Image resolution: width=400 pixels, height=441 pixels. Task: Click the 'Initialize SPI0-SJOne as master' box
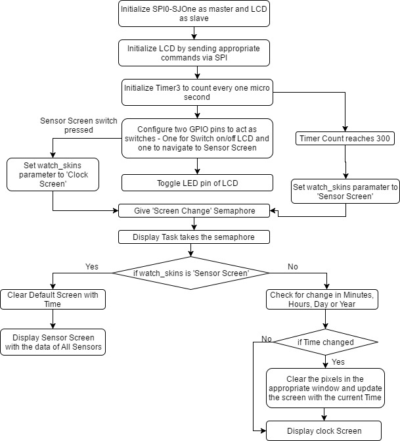pyautogui.click(x=194, y=14)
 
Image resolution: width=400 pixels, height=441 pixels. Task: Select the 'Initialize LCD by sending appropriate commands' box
pyautogui.click(x=194, y=53)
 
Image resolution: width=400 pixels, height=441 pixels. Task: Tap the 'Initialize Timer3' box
pyautogui.click(x=197, y=92)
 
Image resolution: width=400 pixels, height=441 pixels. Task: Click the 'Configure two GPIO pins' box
pyautogui.click(x=197, y=138)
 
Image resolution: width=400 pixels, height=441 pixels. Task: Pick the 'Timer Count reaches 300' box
pyautogui.click(x=345, y=139)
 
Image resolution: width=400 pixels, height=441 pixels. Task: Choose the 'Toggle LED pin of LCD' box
pyautogui.click(x=197, y=183)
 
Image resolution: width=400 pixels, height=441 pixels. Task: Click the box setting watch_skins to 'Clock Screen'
pyautogui.click(x=53, y=174)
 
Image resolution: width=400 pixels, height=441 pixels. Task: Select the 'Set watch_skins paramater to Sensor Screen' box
pyautogui.click(x=345, y=191)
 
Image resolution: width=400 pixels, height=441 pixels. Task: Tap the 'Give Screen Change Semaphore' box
pyautogui.click(x=194, y=211)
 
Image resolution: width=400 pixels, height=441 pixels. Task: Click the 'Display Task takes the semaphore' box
pyautogui.click(x=194, y=237)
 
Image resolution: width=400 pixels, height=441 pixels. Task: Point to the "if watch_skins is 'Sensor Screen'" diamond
pyautogui.click(x=191, y=273)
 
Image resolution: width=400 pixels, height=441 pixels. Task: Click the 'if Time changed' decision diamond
pyautogui.click(x=326, y=342)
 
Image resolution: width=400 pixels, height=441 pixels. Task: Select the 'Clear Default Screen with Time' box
pyautogui.click(x=53, y=299)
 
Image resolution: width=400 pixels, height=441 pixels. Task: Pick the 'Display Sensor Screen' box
pyautogui.click(x=53, y=342)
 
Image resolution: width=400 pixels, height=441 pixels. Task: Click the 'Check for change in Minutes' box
pyautogui.click(x=322, y=299)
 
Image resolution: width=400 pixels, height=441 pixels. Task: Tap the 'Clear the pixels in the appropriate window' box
pyautogui.click(x=325, y=388)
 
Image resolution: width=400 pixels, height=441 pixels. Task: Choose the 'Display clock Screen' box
pyautogui.click(x=324, y=430)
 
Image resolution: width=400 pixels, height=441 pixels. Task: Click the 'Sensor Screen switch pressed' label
pyautogui.click(x=78, y=125)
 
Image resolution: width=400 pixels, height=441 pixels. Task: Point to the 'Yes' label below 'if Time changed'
pyautogui.click(x=338, y=361)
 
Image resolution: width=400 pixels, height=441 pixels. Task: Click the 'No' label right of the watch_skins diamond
pyautogui.click(x=293, y=267)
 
